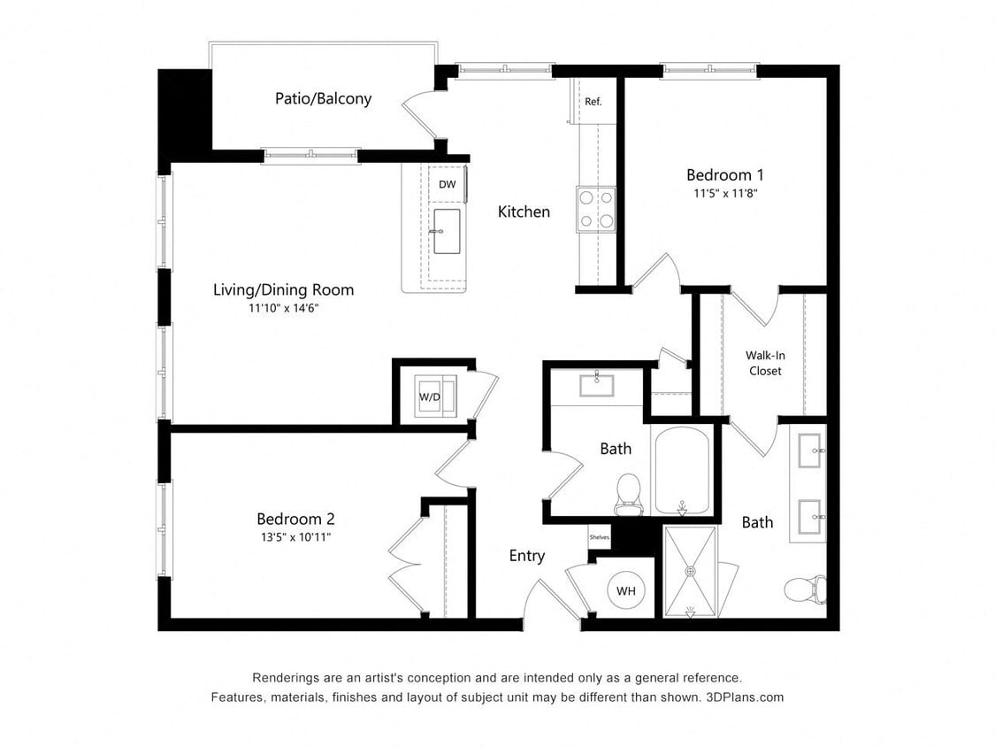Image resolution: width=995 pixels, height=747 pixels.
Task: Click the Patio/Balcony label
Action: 323,98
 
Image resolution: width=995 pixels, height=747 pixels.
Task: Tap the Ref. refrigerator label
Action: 593,102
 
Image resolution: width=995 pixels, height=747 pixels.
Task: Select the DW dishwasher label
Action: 448,184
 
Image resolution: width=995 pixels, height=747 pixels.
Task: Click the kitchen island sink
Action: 448,231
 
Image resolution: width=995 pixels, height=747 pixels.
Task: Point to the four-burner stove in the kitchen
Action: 596,210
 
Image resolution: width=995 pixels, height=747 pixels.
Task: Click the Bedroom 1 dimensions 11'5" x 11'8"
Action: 724,192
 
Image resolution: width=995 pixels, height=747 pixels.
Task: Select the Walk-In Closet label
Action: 765,363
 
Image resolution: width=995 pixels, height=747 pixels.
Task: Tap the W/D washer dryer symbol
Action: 431,396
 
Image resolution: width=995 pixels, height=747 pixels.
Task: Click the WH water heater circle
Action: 626,590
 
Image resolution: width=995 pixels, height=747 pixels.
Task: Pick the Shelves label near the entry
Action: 599,537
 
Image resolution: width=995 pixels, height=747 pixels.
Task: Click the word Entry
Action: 527,556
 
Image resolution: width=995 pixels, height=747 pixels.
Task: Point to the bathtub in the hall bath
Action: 681,470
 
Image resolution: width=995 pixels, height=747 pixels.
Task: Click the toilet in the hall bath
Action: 628,492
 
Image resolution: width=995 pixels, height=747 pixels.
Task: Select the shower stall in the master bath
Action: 690,572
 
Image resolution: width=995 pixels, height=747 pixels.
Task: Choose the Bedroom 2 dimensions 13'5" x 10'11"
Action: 295,536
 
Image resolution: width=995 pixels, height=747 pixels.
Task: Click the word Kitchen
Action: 524,212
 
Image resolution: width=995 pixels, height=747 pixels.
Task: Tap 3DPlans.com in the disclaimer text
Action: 745,697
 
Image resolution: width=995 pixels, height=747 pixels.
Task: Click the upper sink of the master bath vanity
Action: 811,451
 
